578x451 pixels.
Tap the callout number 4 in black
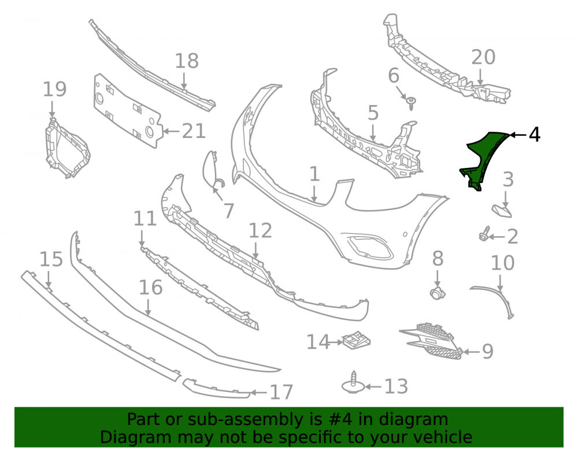point(535,135)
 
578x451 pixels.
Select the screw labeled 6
point(410,103)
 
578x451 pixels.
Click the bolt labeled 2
point(484,234)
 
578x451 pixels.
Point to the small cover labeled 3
point(502,211)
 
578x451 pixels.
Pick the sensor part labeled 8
point(438,293)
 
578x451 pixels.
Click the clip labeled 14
point(356,340)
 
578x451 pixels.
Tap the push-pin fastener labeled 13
point(354,383)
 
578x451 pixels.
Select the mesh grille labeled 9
point(431,341)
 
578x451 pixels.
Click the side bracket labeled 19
point(66,148)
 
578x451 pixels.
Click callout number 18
point(187,61)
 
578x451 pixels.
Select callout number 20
point(483,57)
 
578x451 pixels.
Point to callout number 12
point(260,231)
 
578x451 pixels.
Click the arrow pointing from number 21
point(172,131)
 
